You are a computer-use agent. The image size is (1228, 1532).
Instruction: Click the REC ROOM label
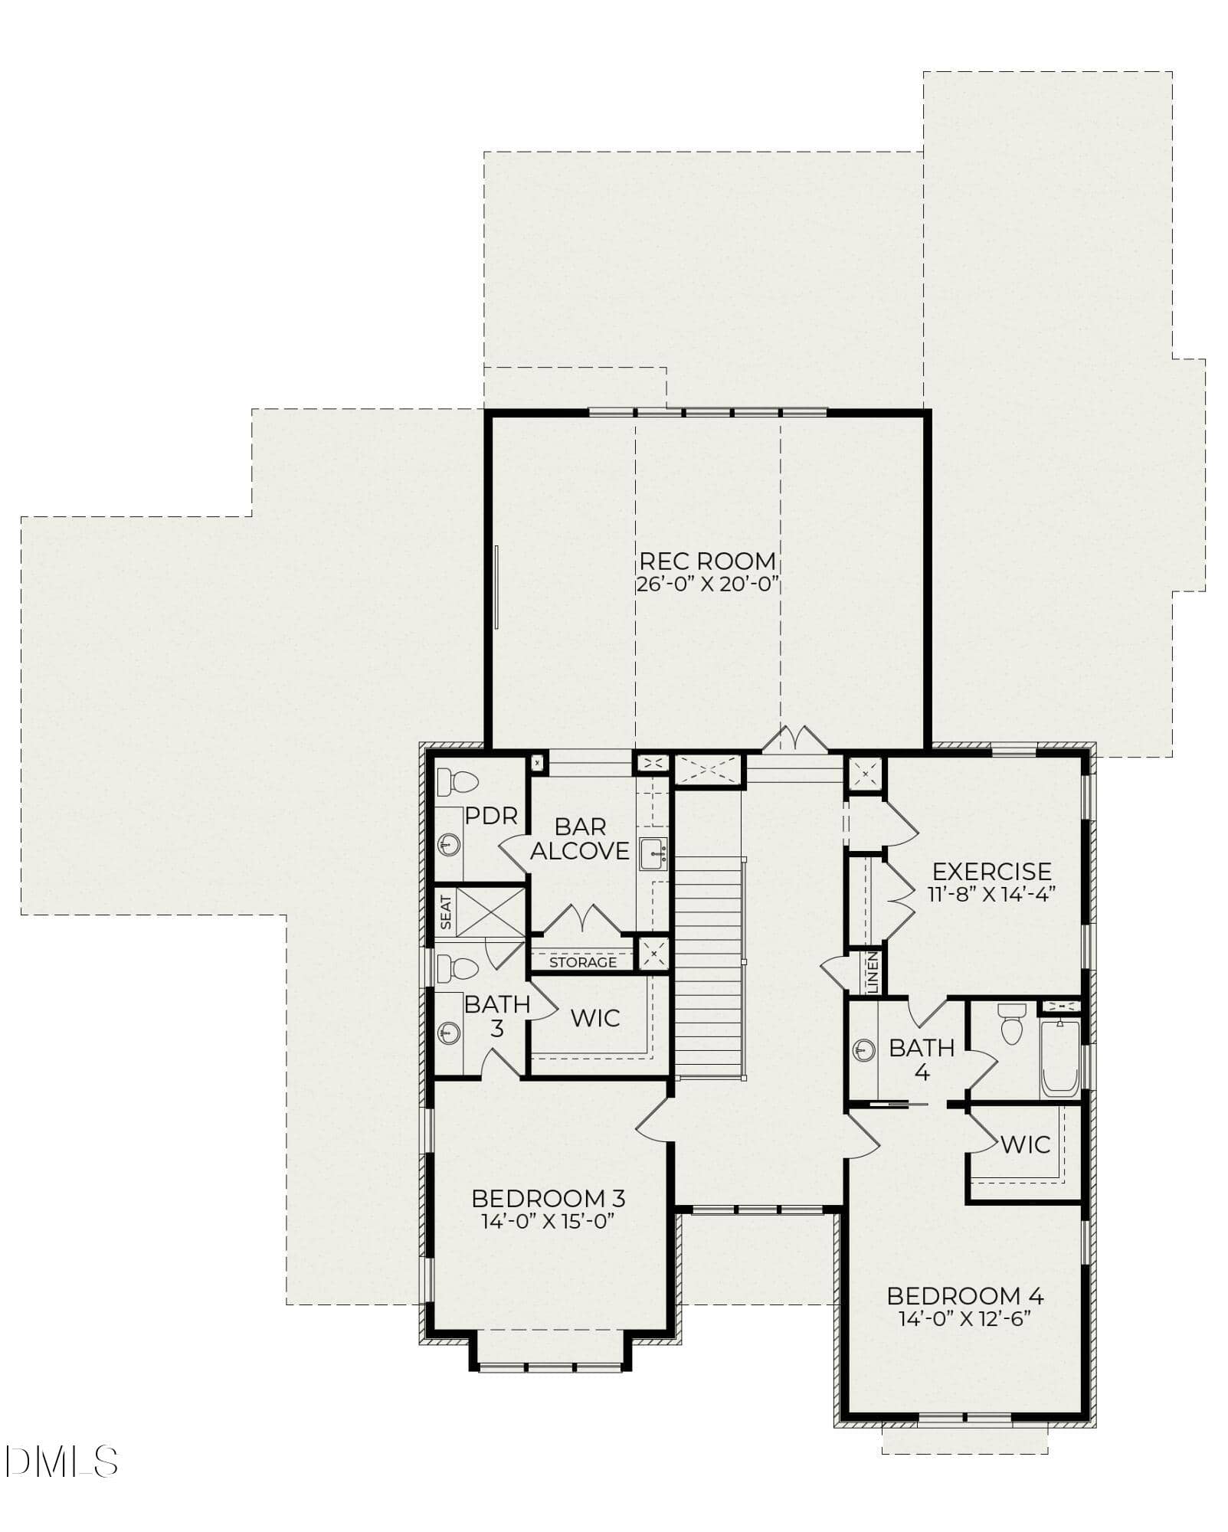[707, 561]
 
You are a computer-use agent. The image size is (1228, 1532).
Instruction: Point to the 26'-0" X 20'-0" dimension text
[707, 584]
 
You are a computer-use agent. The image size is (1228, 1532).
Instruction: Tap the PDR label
[491, 817]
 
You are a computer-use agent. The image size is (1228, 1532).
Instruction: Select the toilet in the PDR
[457, 782]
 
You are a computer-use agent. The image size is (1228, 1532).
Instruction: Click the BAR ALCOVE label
[580, 839]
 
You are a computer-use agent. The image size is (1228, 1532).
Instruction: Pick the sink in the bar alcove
[653, 854]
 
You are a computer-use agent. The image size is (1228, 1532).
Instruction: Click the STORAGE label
[583, 962]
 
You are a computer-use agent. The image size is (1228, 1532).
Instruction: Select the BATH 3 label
[497, 1016]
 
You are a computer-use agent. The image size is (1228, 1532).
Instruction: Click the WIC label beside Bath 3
[595, 1018]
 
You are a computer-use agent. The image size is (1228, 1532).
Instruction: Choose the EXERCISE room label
[992, 871]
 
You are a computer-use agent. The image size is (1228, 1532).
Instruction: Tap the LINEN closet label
[873, 973]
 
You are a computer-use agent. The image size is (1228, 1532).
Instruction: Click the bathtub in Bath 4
[1059, 1059]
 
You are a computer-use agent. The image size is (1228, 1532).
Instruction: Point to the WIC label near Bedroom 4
[1026, 1144]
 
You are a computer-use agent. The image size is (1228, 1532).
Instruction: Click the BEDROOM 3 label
[549, 1198]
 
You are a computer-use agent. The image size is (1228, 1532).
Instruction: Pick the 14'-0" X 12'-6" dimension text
[965, 1318]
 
